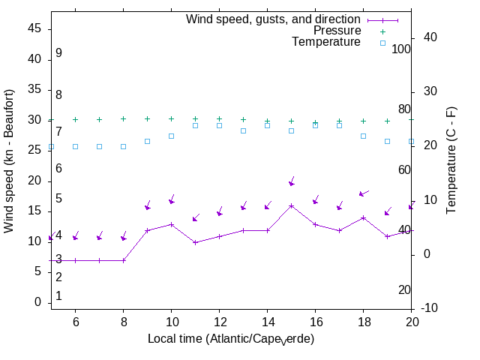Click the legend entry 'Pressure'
pyautogui.click(x=337, y=31)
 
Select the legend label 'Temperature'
pyautogui.click(x=326, y=42)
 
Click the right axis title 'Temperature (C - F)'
pyautogui.click(x=452, y=160)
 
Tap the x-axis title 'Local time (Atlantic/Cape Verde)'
pyautogui.click(x=230, y=339)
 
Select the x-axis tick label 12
pyautogui.click(x=219, y=321)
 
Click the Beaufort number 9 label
pyautogui.click(x=58, y=53)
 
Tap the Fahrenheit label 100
pyautogui.click(x=402, y=49)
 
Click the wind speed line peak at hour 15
pyautogui.click(x=292, y=205)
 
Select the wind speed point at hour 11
pyautogui.click(x=195, y=242)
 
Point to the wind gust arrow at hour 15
pyautogui.click(x=292, y=182)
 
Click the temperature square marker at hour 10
pyautogui.click(x=171, y=136)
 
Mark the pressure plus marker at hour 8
pyautogui.click(x=123, y=118)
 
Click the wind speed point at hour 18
pyautogui.click(x=363, y=217)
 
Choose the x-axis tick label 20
pyautogui.click(x=412, y=321)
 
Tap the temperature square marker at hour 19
pyautogui.click(x=387, y=141)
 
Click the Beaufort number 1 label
pyautogui.click(x=58, y=296)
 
